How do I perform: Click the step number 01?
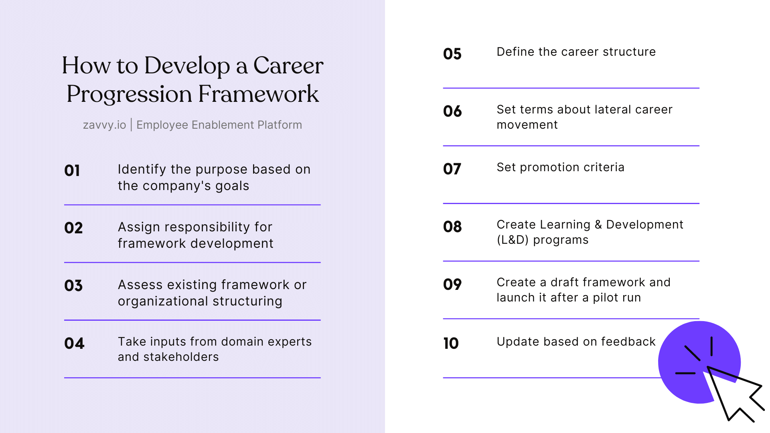click(x=72, y=170)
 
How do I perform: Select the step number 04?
click(x=74, y=343)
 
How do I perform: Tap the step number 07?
click(x=452, y=169)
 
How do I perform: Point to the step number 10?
click(x=451, y=343)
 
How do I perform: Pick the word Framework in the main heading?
click(x=258, y=94)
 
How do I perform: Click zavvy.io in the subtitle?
click(x=104, y=125)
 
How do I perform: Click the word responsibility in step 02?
click(x=207, y=227)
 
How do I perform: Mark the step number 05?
click(x=452, y=54)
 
